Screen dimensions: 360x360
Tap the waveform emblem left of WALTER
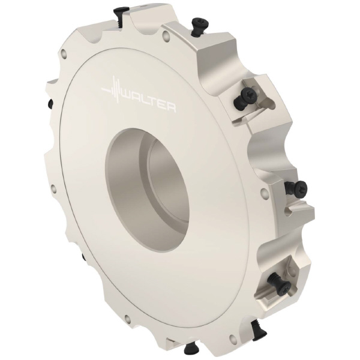112,91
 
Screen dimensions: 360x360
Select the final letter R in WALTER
171,108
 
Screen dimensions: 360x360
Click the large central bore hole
148,191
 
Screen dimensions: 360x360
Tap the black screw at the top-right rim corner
199,26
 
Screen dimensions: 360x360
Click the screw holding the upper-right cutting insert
245,97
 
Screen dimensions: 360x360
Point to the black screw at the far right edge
296,188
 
